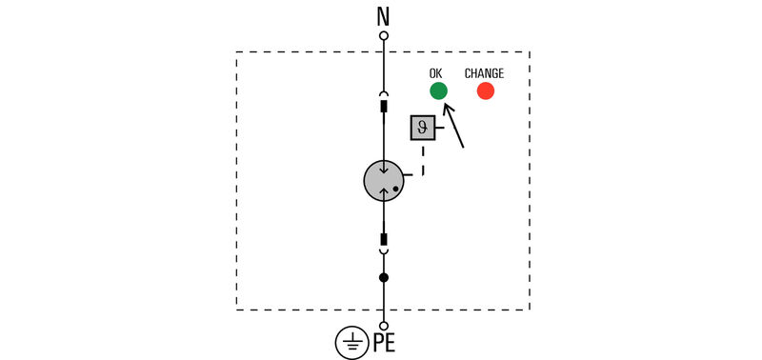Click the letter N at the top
[384, 15]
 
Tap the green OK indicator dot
[438, 90]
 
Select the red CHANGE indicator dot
[486, 90]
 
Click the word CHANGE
[484, 73]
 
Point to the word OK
[436, 73]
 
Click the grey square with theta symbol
[423, 128]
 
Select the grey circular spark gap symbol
[384, 181]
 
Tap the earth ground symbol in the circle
[352, 343]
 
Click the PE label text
[384, 343]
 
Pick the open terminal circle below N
[384, 35]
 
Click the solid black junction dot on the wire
[384, 278]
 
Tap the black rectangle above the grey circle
[384, 107]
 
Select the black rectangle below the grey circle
[384, 239]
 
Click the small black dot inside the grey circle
[395, 190]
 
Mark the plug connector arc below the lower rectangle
[384, 251]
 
